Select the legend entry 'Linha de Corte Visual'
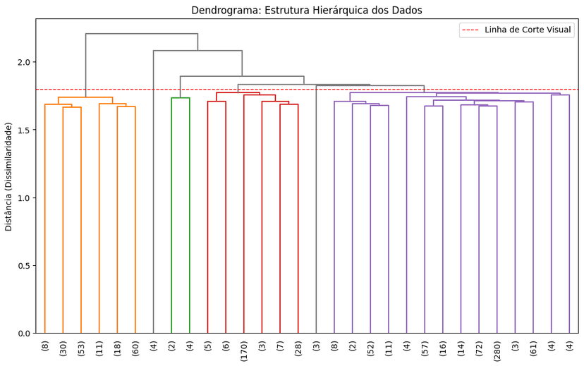click(527, 30)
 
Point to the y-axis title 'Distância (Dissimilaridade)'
click(8, 176)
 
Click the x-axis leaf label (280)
click(497, 350)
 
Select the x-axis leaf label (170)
click(244, 350)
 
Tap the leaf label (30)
click(63, 348)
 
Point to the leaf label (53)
click(81, 348)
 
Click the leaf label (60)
click(135, 348)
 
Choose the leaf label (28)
click(298, 348)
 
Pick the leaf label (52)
click(370, 348)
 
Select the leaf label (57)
click(425, 348)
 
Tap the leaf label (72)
click(479, 348)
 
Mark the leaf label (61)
click(533, 348)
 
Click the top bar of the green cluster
click(181, 98)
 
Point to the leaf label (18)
click(117, 348)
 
